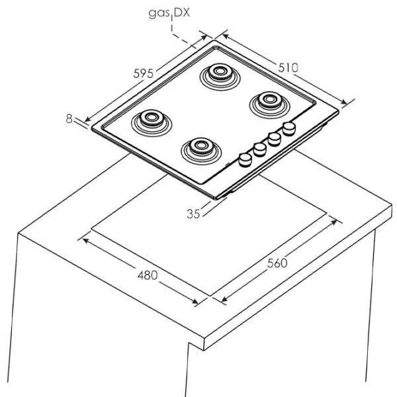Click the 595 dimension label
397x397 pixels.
coord(144,73)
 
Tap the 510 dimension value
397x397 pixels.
coord(288,67)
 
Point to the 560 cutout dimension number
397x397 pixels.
coord(277,263)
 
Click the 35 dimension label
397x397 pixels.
coord(193,213)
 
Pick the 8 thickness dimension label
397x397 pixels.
coord(69,118)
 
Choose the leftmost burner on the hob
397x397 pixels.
coord(152,120)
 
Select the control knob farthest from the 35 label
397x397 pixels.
coord(288,128)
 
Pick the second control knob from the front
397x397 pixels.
coord(259,148)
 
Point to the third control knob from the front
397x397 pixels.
coord(274,138)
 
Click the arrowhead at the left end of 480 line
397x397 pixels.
coord(83,239)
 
